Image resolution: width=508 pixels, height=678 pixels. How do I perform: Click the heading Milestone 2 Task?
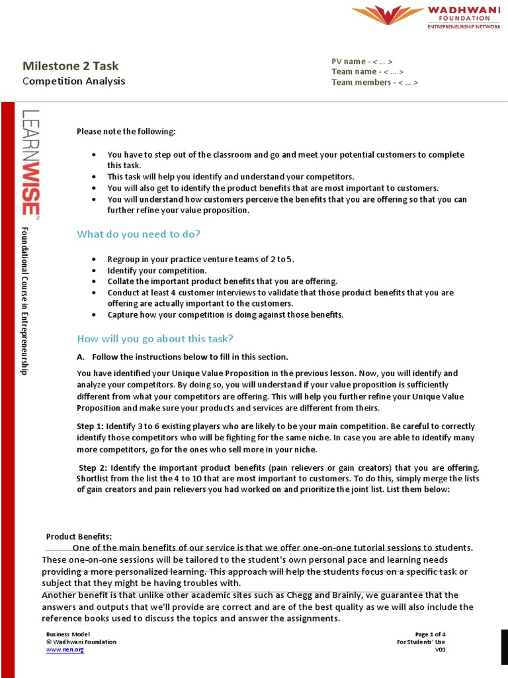(71, 66)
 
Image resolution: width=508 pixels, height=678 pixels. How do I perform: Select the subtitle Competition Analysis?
(73, 81)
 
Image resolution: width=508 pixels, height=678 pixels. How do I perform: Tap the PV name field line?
(366, 62)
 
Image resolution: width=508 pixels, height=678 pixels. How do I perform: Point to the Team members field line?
(374, 82)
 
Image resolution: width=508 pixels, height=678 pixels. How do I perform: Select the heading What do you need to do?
(138, 234)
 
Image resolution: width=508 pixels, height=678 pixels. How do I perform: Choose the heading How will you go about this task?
(155, 338)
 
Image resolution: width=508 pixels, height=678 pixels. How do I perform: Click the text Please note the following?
(126, 131)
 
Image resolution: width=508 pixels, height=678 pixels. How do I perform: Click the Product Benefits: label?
(79, 536)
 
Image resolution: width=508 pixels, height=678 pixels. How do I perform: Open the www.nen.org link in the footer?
(65, 650)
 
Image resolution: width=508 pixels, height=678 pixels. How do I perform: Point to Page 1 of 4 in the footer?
(430, 634)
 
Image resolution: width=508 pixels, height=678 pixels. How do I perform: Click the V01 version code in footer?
(440, 650)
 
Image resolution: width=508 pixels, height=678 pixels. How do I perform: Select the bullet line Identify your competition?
(157, 271)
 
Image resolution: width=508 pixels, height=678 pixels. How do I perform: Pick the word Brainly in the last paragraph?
(296, 595)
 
